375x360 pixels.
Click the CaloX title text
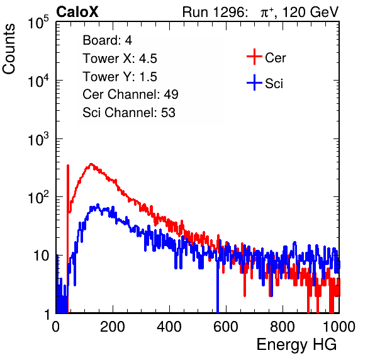pyautogui.click(x=77, y=12)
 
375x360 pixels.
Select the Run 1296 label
pyautogui.click(x=215, y=12)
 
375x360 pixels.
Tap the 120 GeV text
pyautogui.click(x=310, y=12)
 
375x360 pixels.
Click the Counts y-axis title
pyautogui.click(x=9, y=49)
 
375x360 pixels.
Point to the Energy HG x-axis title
pyautogui.click(x=296, y=345)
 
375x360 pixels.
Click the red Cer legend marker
pyautogui.click(x=254, y=57)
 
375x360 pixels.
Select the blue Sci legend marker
pyautogui.click(x=254, y=83)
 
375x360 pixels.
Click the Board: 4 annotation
pyautogui.click(x=107, y=40)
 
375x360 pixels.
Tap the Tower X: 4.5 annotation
pyautogui.click(x=120, y=59)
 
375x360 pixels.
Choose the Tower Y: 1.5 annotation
pyautogui.click(x=120, y=77)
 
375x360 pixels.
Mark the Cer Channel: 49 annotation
pyautogui.click(x=130, y=94)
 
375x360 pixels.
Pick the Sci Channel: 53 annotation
pyautogui.click(x=129, y=113)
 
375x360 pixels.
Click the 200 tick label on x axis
pyautogui.click(x=113, y=327)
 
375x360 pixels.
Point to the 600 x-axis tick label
pyautogui.click(x=226, y=327)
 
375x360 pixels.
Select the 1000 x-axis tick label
pyautogui.click(x=339, y=327)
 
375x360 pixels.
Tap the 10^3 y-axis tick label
pyautogui.click(x=38, y=139)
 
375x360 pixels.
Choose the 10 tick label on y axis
pyautogui.click(x=41, y=256)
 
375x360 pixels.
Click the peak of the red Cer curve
pyautogui.click(x=91, y=164)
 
